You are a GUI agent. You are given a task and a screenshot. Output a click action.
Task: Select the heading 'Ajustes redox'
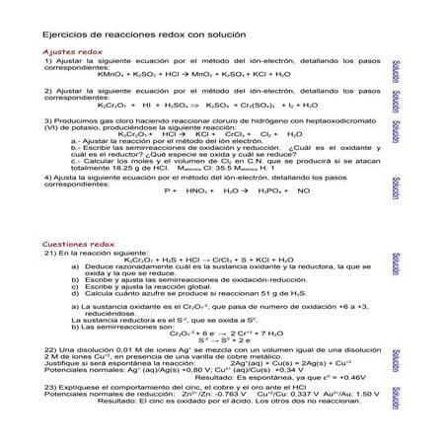(74, 49)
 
